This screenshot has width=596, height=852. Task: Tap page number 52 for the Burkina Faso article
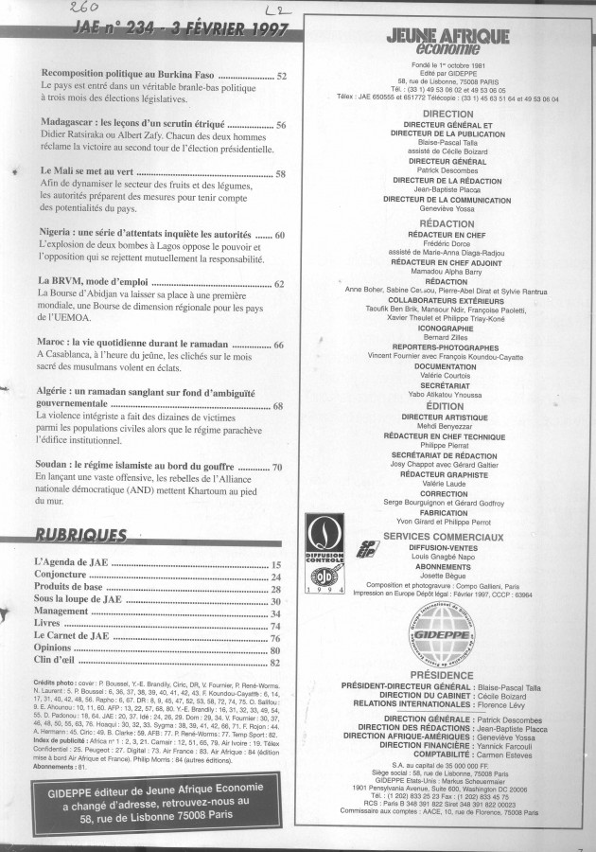click(x=281, y=75)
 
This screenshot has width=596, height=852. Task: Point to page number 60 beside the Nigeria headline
click(x=280, y=234)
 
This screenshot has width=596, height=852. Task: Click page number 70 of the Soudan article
click(x=278, y=467)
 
